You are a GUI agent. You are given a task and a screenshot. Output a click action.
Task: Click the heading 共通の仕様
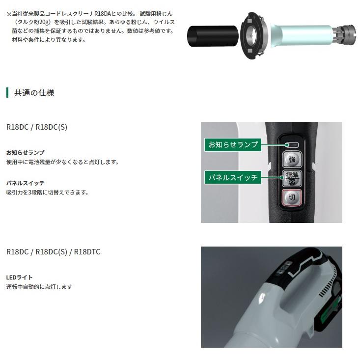pyautogui.click(x=34, y=92)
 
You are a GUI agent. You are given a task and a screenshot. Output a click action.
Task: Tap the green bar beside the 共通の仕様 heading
pyautogui.click(x=7, y=92)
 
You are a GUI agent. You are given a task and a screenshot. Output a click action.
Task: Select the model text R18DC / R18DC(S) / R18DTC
pyautogui.click(x=53, y=252)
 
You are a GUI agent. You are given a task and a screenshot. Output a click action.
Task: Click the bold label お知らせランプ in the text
pyautogui.click(x=25, y=153)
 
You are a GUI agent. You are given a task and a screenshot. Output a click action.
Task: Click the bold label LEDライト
pyautogui.click(x=20, y=277)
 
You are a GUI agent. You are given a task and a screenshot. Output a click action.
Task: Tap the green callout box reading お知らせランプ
pyautogui.click(x=233, y=144)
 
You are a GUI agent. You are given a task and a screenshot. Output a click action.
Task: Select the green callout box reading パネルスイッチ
pyautogui.click(x=233, y=177)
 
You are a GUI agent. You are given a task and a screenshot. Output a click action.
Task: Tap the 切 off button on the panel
pyautogui.click(x=292, y=198)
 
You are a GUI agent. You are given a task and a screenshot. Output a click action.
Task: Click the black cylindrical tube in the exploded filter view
pyautogui.click(x=213, y=37)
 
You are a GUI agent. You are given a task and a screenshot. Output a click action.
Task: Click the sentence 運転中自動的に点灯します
pyautogui.click(x=39, y=287)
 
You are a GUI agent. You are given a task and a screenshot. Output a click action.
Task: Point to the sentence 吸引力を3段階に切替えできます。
pyautogui.click(x=47, y=193)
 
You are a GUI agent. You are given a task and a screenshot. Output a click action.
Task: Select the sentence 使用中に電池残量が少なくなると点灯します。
pyautogui.click(x=62, y=162)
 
